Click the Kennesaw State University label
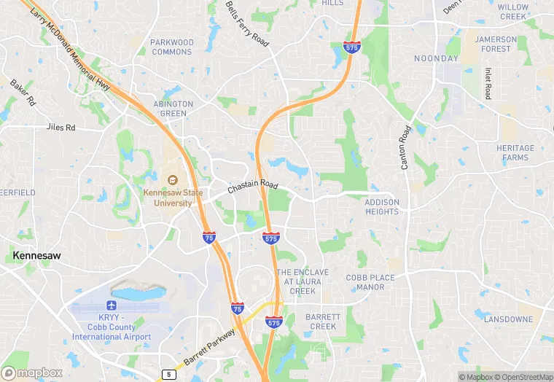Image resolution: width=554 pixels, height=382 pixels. click(173, 198)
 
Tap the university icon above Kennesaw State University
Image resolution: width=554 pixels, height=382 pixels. click(173, 180)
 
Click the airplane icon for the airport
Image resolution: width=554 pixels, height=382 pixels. click(112, 305)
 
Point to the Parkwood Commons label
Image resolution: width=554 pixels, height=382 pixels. click(172, 47)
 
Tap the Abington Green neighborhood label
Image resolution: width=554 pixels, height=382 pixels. click(173, 109)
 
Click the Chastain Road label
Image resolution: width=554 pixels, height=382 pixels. click(253, 187)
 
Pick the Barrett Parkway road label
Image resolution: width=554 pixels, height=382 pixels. click(209, 346)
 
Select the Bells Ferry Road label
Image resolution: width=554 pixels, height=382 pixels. click(247, 24)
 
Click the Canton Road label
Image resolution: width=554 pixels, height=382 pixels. click(406, 148)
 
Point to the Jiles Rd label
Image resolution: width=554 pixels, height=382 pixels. click(61, 127)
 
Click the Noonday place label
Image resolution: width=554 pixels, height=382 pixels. click(437, 58)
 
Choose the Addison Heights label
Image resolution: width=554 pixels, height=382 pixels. click(382, 207)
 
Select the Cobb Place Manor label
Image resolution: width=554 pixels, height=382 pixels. click(370, 282)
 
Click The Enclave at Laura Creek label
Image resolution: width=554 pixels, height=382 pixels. click(303, 281)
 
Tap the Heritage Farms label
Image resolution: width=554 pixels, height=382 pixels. click(515, 152)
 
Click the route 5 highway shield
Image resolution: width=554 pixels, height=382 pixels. click(169, 375)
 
